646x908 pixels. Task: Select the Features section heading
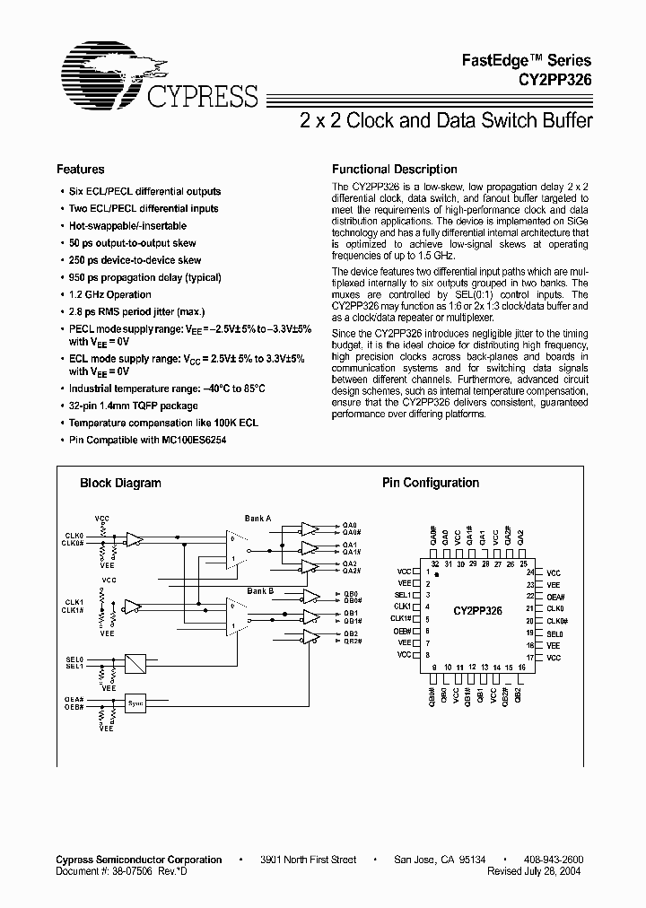(x=81, y=169)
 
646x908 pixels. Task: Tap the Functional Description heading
(x=395, y=169)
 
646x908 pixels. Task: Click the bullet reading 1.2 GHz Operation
(x=110, y=294)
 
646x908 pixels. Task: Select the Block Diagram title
(x=120, y=483)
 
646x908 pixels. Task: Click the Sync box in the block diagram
(x=135, y=703)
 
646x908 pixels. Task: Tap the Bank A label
(x=258, y=518)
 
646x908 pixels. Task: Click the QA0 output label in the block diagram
(x=350, y=525)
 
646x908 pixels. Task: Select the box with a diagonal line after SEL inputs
(x=135, y=664)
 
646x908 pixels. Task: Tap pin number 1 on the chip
(x=428, y=572)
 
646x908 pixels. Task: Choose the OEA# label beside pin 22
(x=554, y=597)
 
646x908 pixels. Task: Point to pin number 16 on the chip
(x=521, y=668)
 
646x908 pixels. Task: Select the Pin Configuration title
(x=431, y=483)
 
